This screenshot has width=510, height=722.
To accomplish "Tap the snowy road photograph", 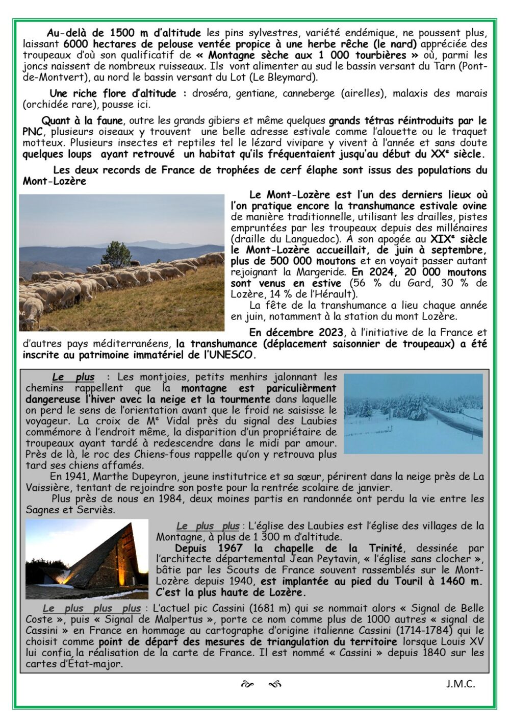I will pyautogui.click(x=413, y=414).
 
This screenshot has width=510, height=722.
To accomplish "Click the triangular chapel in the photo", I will pyautogui.click(x=87, y=559).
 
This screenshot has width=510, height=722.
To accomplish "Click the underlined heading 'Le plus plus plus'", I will pyautogui.click(x=92, y=608).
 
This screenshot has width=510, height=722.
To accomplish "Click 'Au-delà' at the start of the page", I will pyautogui.click(x=65, y=33).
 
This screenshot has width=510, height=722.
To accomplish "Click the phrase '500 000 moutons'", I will pyautogui.click(x=282, y=261).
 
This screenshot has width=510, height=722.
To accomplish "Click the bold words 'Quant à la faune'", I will pyautogui.click(x=82, y=121).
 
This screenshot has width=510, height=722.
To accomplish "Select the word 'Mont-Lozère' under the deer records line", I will pyautogui.click(x=54, y=181).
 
